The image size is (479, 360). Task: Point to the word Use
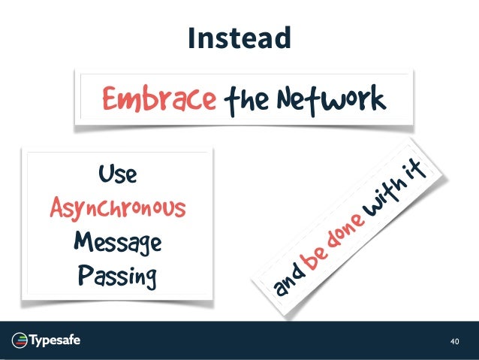tap(116, 175)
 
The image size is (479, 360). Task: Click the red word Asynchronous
tap(118, 208)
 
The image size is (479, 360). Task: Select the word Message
tap(117, 242)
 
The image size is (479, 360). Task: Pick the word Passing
tap(117, 276)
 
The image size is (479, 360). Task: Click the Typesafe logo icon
tap(20, 340)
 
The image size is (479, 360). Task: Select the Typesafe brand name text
tap(56, 340)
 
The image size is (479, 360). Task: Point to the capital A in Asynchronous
tap(58, 208)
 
